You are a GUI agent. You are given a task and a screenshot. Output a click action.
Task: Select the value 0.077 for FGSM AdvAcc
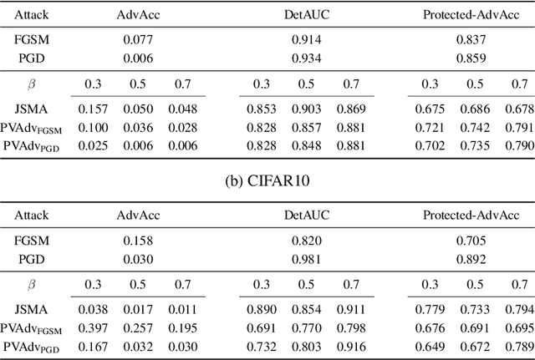point(138,38)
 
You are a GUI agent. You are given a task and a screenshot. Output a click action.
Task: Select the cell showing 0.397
point(94,327)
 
